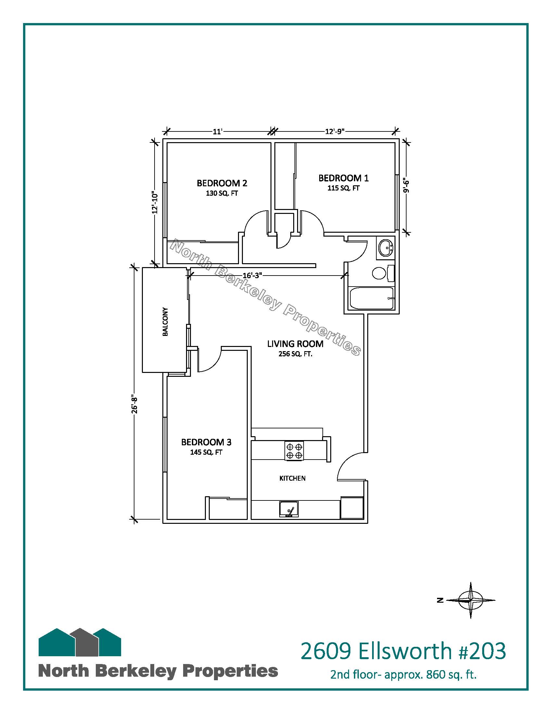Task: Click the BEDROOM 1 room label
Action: pyautogui.click(x=343, y=178)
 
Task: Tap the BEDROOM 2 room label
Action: pyautogui.click(x=222, y=183)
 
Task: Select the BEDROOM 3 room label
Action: pyautogui.click(x=206, y=442)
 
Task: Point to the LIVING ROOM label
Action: pyautogui.click(x=295, y=344)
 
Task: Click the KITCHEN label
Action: pyautogui.click(x=292, y=478)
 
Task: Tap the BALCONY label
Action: pyautogui.click(x=165, y=322)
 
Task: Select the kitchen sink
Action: pyautogui.click(x=289, y=509)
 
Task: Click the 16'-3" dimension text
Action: pyautogui.click(x=252, y=276)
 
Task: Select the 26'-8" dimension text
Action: pyautogui.click(x=134, y=405)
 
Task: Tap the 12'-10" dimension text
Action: pyautogui.click(x=155, y=203)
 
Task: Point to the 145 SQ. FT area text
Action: pyautogui.click(x=206, y=452)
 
